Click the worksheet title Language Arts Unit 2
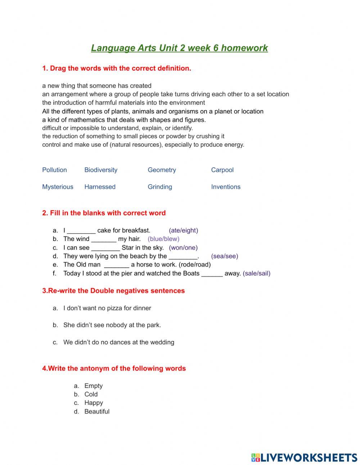179,48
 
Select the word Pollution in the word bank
54,170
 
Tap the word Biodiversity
101,170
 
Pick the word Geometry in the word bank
162,170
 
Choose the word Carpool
222,170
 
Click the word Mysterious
58,187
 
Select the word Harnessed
100,187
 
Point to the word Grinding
160,187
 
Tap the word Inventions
226,187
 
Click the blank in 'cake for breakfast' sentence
81,231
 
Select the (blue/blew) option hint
163,239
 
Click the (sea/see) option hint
225,256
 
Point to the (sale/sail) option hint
257,273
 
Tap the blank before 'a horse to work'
116,265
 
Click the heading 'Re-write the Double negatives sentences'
113,291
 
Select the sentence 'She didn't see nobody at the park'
112,325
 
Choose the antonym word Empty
94,386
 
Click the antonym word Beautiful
97,411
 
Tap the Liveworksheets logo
304,457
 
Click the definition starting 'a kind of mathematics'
124,120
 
